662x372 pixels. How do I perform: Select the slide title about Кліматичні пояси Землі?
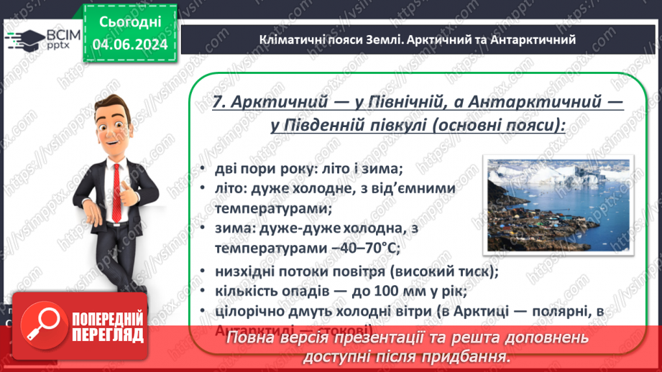(416, 39)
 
